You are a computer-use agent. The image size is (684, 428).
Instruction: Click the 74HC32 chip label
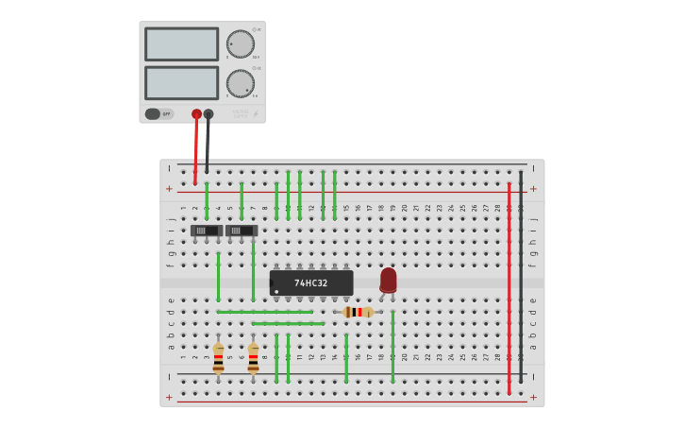click(310, 283)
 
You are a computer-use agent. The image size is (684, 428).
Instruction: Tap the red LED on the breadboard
click(388, 280)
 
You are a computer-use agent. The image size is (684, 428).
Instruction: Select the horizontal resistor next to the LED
click(358, 312)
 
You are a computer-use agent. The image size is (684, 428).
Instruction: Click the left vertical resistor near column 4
click(218, 359)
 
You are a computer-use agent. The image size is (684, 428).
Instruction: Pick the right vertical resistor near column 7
click(253, 359)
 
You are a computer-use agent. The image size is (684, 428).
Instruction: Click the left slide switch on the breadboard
click(207, 231)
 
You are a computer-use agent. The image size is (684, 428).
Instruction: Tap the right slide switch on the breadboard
click(242, 231)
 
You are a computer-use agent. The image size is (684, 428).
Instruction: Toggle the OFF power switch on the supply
click(158, 114)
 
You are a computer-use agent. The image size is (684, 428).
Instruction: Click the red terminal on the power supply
click(196, 114)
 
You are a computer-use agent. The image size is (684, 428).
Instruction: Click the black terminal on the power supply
click(209, 114)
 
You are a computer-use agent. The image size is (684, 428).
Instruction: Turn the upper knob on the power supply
click(240, 44)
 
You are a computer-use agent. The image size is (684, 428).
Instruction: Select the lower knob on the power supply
click(240, 83)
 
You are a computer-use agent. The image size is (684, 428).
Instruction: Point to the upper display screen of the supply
click(181, 44)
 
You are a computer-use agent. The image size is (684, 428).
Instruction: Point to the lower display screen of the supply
click(181, 83)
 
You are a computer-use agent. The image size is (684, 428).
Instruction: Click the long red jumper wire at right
click(509, 283)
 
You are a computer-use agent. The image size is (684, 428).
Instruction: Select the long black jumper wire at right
click(520, 283)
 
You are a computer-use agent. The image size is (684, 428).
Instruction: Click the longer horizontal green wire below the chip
click(265, 312)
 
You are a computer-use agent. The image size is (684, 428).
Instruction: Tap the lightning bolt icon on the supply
click(256, 114)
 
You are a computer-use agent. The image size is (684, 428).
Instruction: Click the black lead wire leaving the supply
click(208, 146)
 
